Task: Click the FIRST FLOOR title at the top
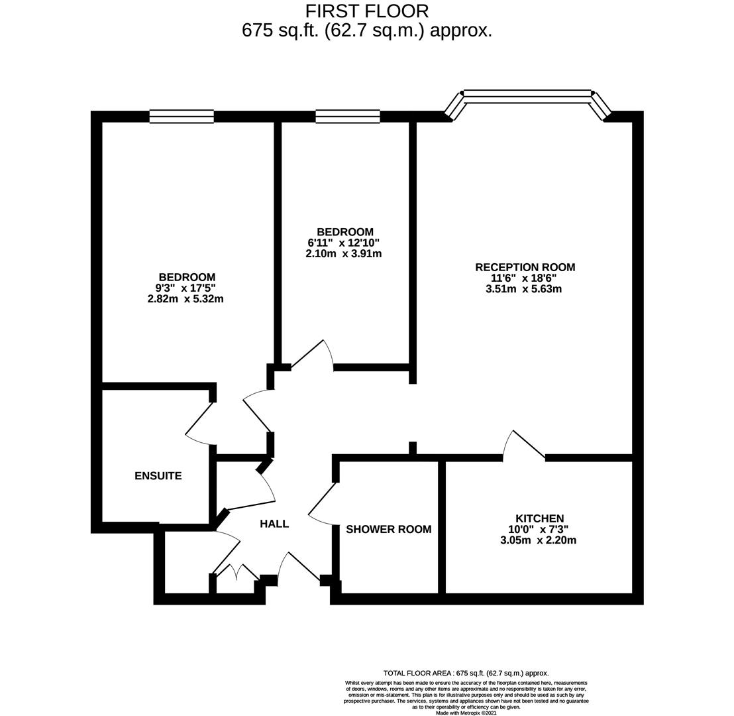(366, 11)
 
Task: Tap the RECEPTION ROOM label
(525, 267)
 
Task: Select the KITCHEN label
(539, 518)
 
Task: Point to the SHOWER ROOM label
(389, 529)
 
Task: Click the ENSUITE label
(158, 475)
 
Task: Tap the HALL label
(274, 524)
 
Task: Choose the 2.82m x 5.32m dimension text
(185, 298)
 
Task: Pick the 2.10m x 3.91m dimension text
(344, 253)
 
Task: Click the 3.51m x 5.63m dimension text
(524, 288)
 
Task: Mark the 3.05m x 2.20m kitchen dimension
(539, 540)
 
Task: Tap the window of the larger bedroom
(182, 116)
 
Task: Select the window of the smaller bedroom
(348, 116)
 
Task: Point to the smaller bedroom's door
(313, 355)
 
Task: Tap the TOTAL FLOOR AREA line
(466, 674)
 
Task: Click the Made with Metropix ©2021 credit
(466, 713)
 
